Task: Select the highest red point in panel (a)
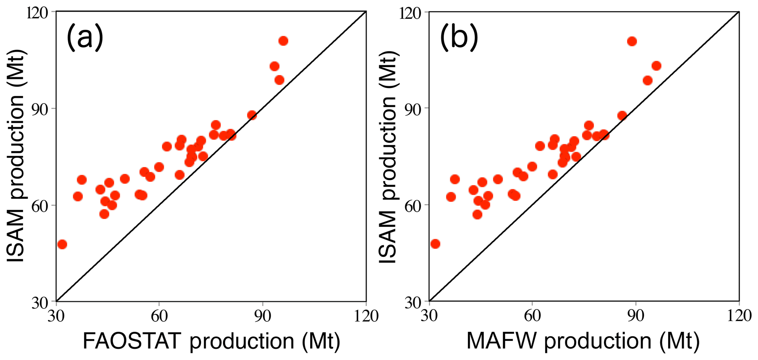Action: click(283, 41)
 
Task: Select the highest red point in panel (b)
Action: click(632, 41)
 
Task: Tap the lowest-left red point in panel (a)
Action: click(62, 244)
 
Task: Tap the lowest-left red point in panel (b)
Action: click(435, 244)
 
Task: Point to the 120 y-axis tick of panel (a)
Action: click(38, 13)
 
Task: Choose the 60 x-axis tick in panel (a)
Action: click(159, 316)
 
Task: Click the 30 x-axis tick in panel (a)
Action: click(56, 316)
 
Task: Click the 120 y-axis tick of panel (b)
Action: click(411, 13)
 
